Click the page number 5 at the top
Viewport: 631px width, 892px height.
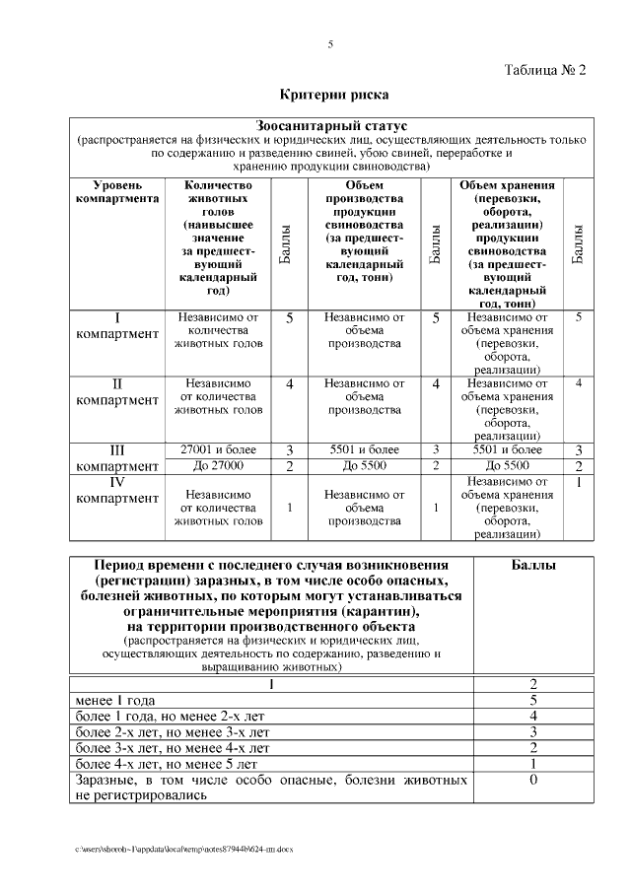coord(330,44)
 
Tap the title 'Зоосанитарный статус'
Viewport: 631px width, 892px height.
coord(331,126)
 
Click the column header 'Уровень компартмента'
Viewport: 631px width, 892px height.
coord(117,191)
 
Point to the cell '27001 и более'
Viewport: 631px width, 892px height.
coord(218,449)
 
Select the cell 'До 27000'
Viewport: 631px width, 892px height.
coord(218,465)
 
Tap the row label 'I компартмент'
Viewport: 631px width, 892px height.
coord(117,326)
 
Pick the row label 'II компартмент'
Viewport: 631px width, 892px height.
coord(117,391)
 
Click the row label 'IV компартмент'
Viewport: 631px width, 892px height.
coord(117,490)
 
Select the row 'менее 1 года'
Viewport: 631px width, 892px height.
coord(116,700)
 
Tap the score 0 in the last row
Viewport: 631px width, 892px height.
coord(532,780)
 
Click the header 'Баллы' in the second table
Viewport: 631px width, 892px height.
coord(532,566)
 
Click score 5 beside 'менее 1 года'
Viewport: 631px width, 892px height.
coord(532,700)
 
